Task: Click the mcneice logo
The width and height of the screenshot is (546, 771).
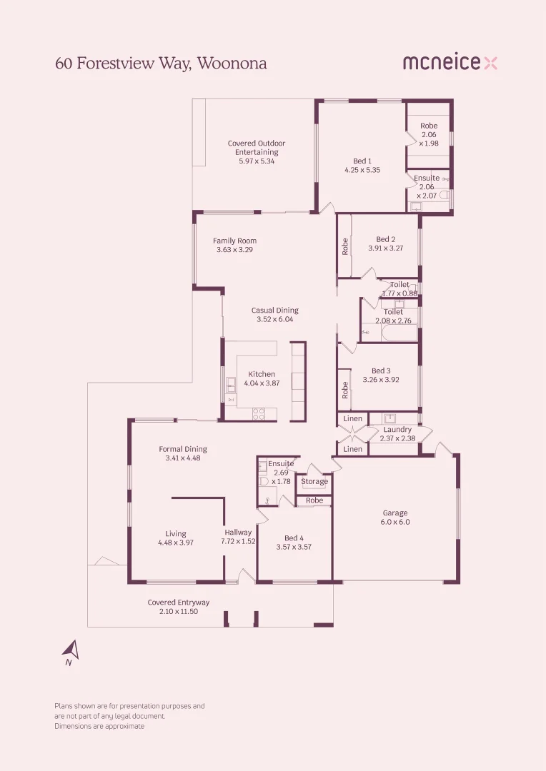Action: pos(450,63)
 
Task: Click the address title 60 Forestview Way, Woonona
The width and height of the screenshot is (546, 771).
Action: pos(161,64)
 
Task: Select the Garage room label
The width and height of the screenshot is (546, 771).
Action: pos(395,513)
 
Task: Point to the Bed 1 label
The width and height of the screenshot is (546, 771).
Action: pos(362,161)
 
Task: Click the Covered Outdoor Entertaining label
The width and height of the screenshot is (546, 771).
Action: pos(257,148)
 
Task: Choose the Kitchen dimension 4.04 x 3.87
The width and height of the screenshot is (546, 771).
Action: pos(262,383)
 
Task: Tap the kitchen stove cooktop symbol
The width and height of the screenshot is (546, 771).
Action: pos(259,412)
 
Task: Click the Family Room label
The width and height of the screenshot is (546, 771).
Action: pos(234,241)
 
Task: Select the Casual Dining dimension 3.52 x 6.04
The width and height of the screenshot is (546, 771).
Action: pos(275,320)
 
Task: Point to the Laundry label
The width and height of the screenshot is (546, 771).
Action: pos(397,430)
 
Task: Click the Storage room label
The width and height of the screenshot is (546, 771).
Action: pos(314,482)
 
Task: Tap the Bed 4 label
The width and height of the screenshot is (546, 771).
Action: pos(294,538)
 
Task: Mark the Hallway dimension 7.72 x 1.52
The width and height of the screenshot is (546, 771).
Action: pos(238,542)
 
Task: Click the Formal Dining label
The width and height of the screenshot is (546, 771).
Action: pos(183,449)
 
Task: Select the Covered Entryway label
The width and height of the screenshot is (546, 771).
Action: pos(179,603)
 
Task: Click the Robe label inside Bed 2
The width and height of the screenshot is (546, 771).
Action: pos(345,246)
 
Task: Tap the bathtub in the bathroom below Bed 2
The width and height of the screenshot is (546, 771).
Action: pos(389,333)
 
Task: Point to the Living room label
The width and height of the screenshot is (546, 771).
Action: pos(176,533)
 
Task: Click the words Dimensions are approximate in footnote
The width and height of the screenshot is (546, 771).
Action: pos(99,726)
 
